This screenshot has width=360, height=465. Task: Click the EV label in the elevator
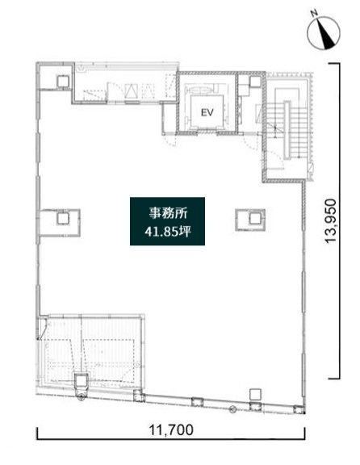click(206, 113)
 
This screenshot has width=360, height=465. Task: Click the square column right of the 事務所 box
click(249, 216)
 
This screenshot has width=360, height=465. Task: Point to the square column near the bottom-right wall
click(255, 395)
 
